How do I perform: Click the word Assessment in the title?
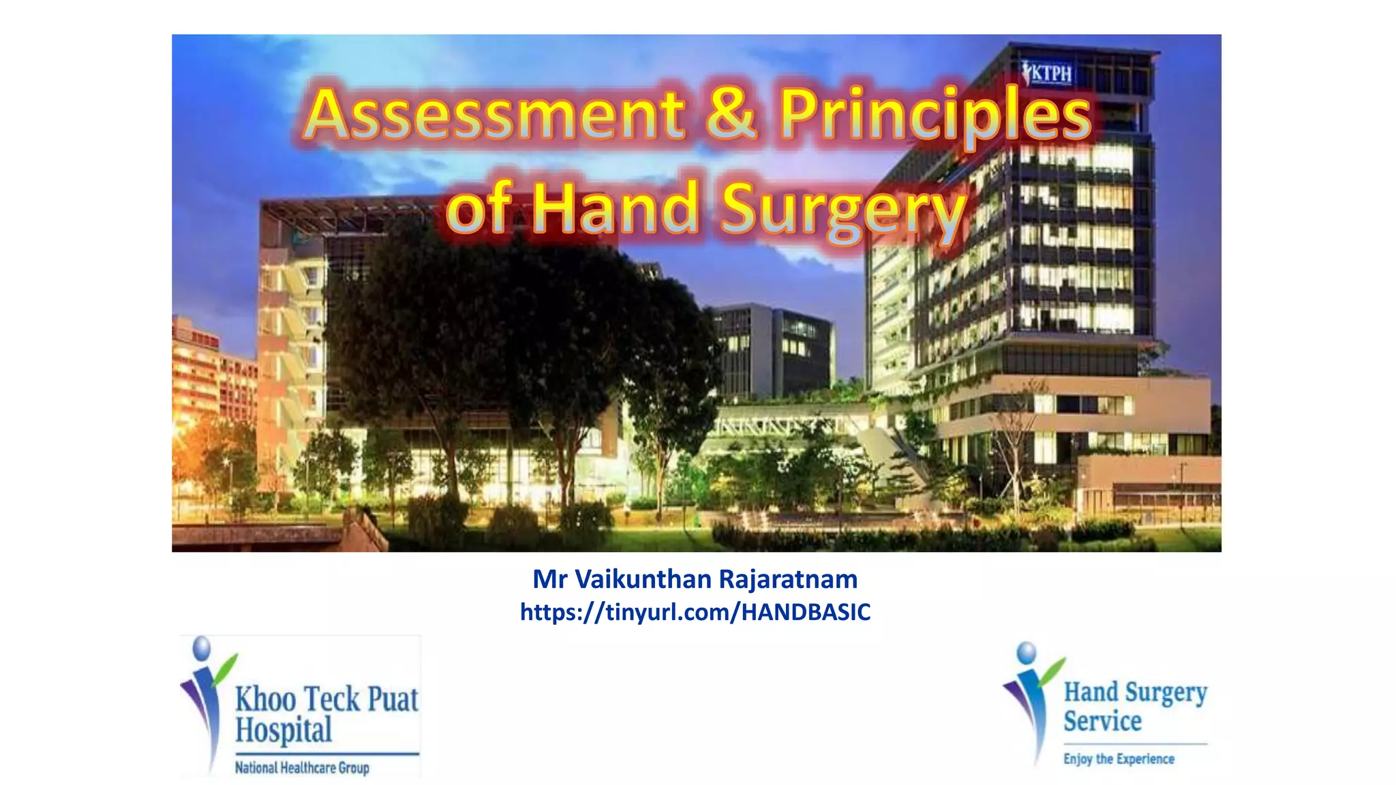(494, 114)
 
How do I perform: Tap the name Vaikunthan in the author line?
(643, 579)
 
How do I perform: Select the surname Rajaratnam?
(788, 579)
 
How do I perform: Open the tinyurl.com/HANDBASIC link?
(695, 612)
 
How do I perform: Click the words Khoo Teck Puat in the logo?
(327, 700)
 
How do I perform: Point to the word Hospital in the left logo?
(284, 730)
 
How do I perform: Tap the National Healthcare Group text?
(302, 768)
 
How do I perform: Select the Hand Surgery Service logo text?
(1134, 706)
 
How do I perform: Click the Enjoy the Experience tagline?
(1119, 759)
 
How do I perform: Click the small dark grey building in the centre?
(774, 351)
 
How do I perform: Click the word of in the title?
(479, 209)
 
